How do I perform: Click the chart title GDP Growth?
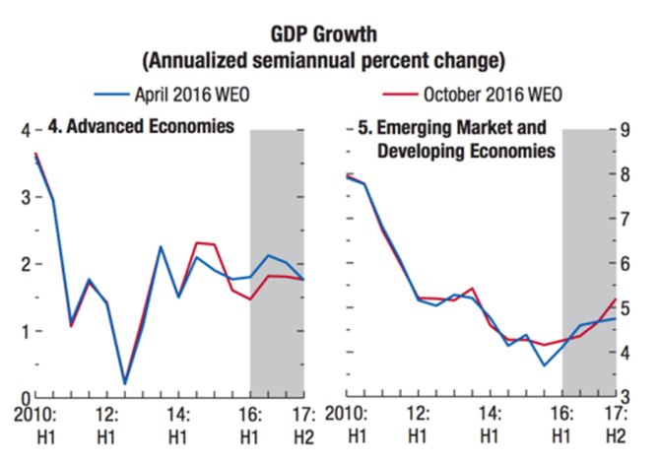[325, 31]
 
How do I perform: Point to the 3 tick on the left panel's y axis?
[25, 196]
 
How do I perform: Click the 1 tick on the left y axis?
[25, 330]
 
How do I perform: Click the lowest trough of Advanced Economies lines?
[125, 383]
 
